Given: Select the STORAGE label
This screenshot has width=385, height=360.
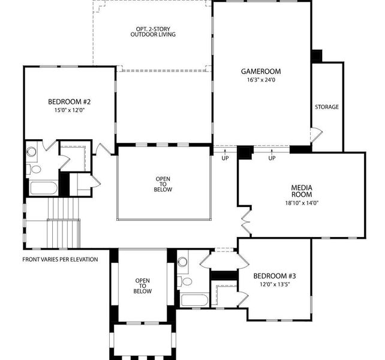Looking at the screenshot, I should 327,107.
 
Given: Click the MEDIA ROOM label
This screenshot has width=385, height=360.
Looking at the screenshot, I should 302,191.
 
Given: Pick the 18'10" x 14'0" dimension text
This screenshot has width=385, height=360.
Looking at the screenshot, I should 302,203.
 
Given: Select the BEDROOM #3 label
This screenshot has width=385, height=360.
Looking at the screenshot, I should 275,276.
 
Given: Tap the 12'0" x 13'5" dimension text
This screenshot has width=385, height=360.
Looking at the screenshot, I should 275,284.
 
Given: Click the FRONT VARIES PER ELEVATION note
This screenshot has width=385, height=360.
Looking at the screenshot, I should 60,260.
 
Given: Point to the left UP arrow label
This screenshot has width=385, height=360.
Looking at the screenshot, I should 225,158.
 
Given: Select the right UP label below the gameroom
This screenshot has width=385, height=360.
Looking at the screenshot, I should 272,158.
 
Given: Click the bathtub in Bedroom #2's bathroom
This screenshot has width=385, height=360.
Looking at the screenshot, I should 43,188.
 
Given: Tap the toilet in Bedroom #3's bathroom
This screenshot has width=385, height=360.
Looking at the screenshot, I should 187,281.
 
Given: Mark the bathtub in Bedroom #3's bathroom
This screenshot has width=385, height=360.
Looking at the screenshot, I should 194,300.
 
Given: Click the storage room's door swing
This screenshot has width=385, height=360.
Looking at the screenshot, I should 317,133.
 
